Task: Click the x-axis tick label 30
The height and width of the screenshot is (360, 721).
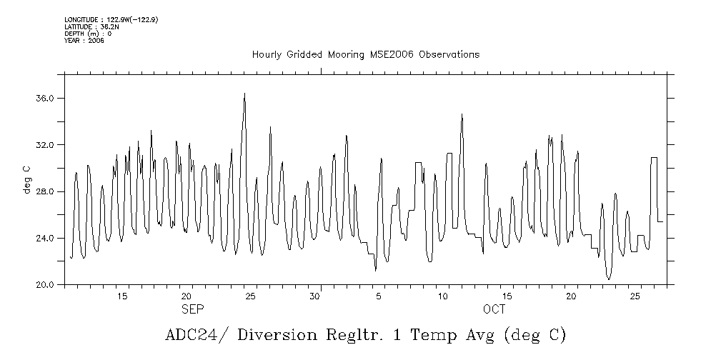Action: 314,296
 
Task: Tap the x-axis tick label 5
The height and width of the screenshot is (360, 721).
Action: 379,296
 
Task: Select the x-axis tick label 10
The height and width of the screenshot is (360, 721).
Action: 443,296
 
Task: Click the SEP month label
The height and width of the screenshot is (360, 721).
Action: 192,309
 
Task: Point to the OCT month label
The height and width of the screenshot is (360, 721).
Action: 494,309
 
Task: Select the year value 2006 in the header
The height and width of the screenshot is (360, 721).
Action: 96,41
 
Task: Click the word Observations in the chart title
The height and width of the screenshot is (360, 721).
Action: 449,55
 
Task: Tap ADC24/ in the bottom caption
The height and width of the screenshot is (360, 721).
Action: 189,335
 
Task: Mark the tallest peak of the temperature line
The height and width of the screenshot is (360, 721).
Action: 244,94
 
